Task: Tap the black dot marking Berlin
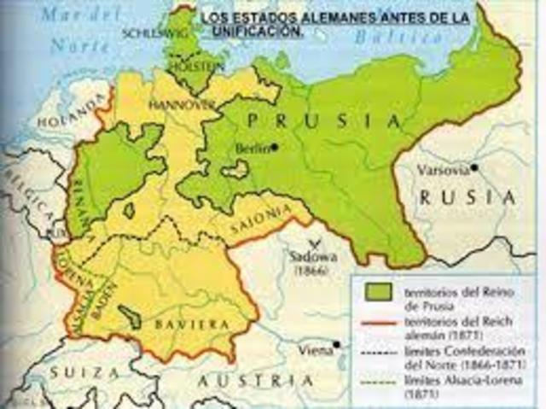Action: click(275, 147)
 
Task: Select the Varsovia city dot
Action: click(474, 167)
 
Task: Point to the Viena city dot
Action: click(338, 345)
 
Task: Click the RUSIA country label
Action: click(468, 197)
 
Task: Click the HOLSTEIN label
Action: click(198, 64)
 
